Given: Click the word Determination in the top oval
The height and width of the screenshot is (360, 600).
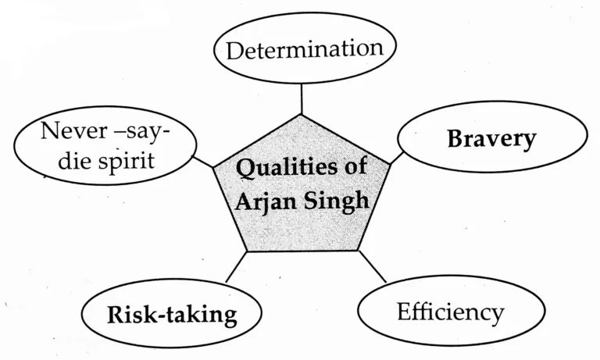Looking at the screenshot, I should (x=304, y=50).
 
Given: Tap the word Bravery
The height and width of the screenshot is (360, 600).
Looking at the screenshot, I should (x=491, y=139).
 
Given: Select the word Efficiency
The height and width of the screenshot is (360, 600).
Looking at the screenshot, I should (x=449, y=312).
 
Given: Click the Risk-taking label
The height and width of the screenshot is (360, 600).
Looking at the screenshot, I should (x=171, y=315).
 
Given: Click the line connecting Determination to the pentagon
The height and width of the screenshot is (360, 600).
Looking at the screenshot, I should (x=302, y=99).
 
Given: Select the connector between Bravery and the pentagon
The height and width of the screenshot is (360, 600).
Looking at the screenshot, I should (x=395, y=156).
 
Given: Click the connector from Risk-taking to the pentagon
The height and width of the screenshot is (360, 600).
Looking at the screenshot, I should (x=235, y=267).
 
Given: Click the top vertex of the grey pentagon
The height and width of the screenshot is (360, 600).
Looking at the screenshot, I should (x=302, y=115).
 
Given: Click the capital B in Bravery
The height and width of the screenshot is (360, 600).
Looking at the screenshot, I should (x=455, y=139).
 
